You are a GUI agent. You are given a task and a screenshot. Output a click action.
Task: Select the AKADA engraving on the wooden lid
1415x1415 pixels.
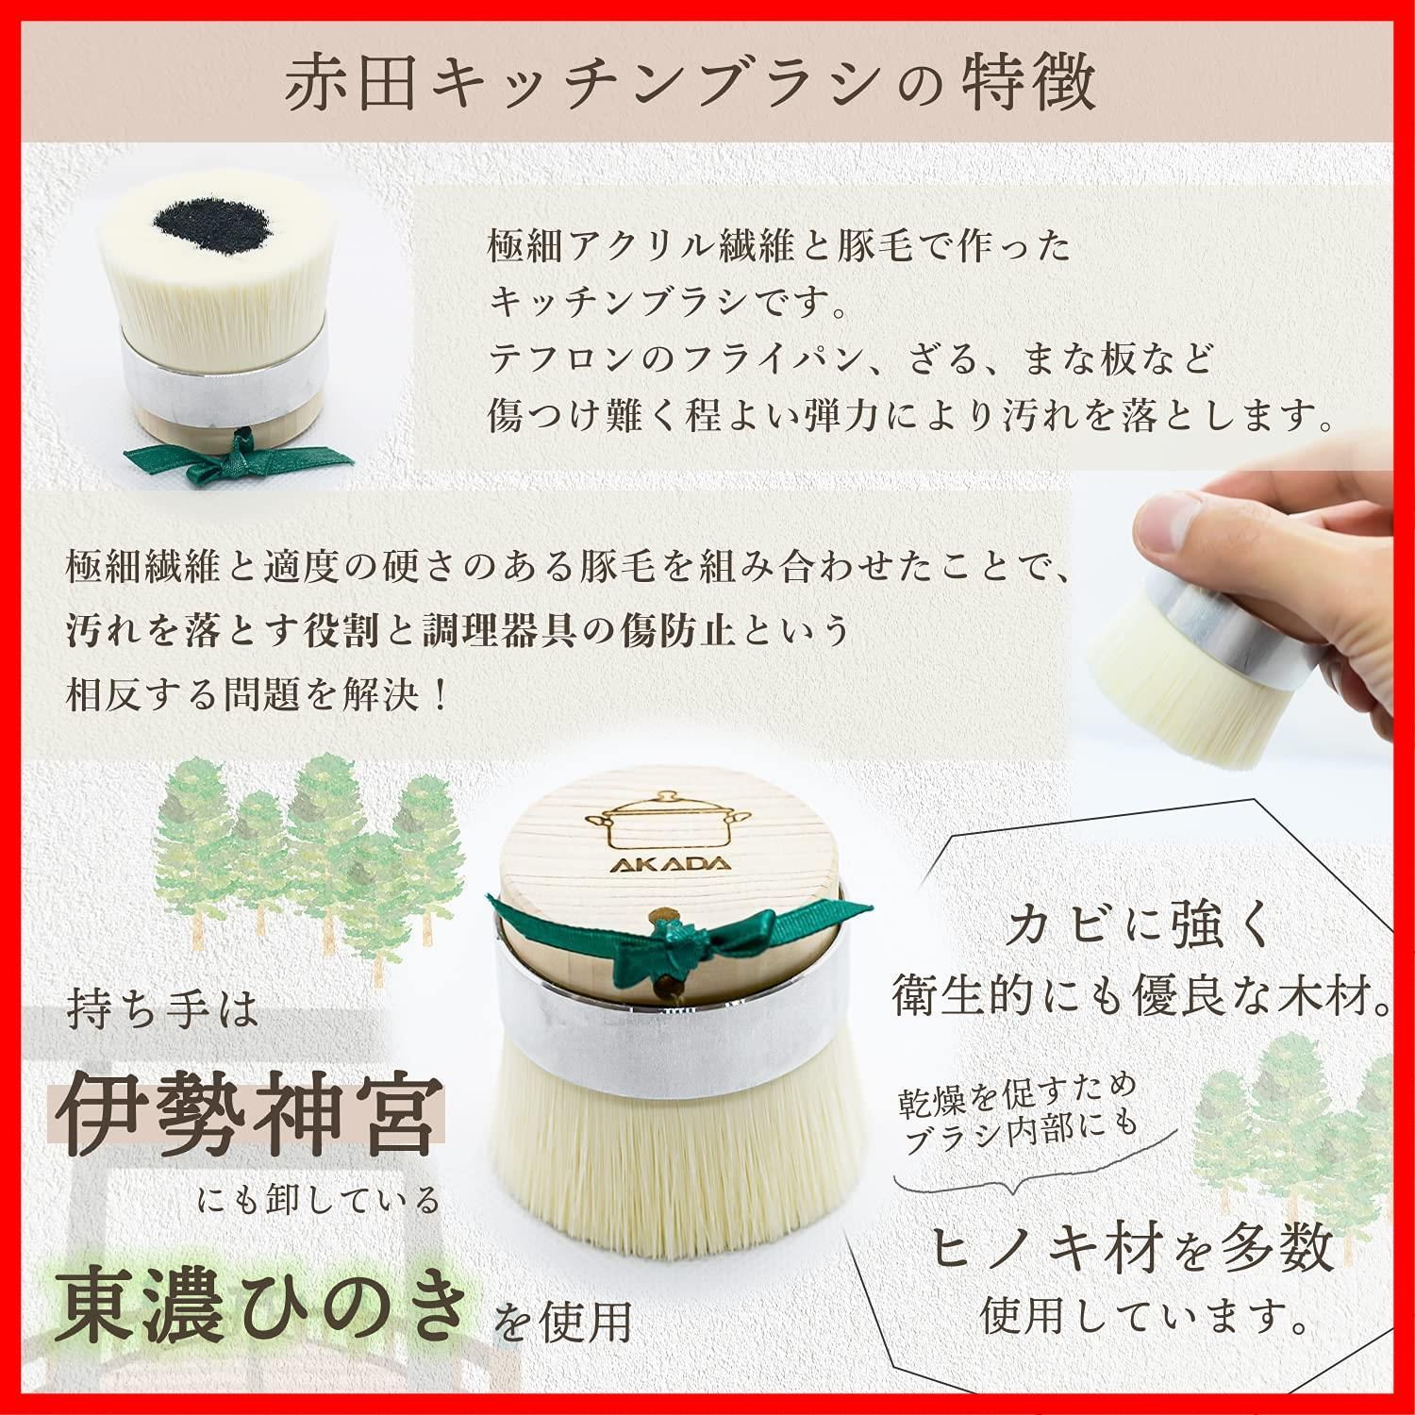coord(657,865)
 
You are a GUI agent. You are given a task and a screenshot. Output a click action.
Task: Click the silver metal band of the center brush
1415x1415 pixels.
coord(675,1024)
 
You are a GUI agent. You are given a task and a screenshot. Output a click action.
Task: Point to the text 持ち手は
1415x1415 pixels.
coord(162,1010)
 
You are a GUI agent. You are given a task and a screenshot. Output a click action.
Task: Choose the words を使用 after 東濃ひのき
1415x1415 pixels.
coord(563,1322)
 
